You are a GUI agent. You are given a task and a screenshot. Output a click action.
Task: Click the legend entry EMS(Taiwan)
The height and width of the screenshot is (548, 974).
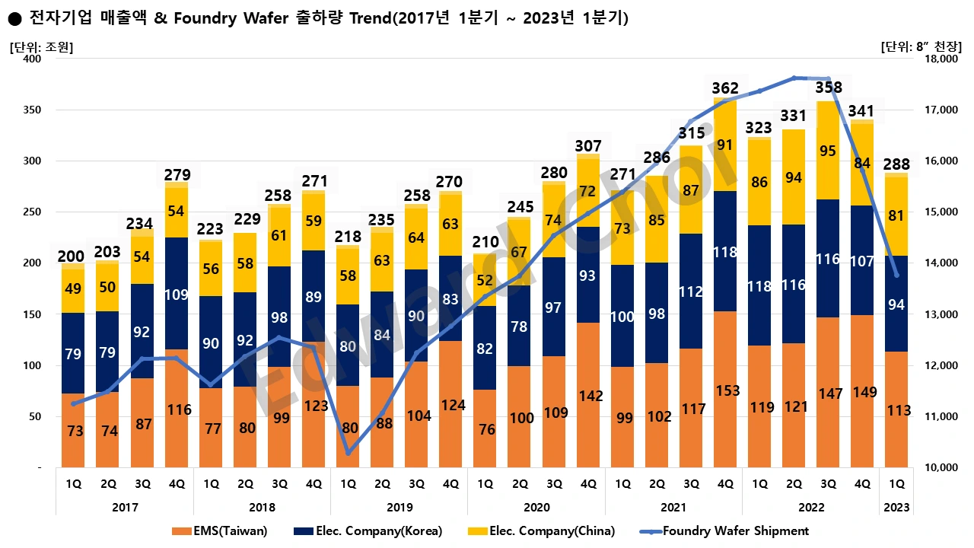point(226,530)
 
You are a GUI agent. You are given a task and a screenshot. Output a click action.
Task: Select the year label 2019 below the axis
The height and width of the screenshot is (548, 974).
point(399,507)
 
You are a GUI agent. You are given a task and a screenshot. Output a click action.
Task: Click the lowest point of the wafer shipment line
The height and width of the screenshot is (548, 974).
point(349,453)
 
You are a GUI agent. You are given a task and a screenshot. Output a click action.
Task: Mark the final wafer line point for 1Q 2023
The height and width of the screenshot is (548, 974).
point(896,275)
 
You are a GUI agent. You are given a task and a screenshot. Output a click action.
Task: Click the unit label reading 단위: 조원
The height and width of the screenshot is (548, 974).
point(41,46)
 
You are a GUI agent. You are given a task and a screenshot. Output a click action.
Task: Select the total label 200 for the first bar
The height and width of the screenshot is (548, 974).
point(72,256)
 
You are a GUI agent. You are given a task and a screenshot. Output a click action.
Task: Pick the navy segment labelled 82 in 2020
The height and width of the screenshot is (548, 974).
point(485,348)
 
